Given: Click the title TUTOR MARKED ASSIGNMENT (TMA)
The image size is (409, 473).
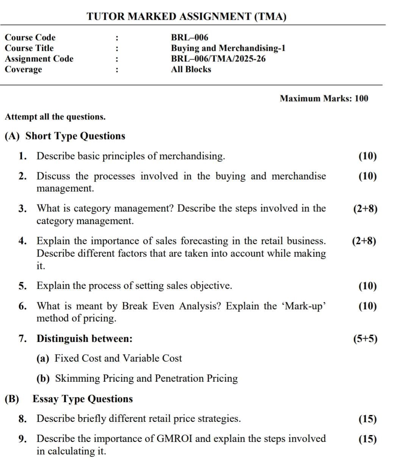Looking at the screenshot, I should (186, 17).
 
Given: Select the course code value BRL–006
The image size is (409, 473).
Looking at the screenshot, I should (189, 37).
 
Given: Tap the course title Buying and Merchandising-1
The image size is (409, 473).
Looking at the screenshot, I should (228, 48).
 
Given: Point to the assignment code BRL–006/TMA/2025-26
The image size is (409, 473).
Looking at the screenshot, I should (218, 59).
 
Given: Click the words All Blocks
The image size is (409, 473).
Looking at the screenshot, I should (191, 69).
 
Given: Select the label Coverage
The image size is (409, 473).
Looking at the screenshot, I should (23, 69).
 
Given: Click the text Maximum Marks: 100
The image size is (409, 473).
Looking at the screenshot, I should (324, 98).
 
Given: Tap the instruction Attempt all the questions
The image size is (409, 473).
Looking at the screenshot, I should (55, 117).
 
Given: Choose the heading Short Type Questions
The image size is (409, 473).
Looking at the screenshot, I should (75, 136).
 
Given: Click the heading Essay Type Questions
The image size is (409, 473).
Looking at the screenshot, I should (83, 399).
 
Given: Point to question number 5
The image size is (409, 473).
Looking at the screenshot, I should (22, 286).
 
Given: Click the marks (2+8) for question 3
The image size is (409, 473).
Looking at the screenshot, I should (365, 209).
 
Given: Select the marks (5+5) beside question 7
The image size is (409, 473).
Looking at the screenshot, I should (365, 339).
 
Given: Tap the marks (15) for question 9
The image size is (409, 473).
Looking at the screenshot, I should (367, 439).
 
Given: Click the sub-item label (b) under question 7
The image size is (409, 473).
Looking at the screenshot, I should (43, 379).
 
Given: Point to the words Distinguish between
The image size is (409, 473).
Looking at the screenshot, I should (84, 339).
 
